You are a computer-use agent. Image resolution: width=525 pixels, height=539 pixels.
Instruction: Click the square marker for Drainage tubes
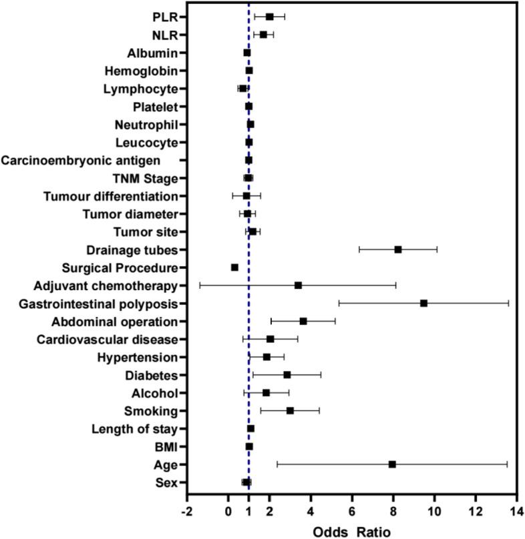click(x=397, y=249)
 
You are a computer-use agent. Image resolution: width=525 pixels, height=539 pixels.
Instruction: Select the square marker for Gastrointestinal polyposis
click(x=423, y=303)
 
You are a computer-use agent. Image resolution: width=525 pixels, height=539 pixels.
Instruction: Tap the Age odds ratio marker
click(x=392, y=464)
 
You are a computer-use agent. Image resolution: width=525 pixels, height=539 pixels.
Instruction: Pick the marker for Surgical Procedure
click(x=234, y=267)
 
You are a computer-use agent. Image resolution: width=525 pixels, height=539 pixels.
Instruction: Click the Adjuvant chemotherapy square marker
click(x=298, y=285)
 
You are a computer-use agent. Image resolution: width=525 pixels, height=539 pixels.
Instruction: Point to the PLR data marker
click(x=269, y=17)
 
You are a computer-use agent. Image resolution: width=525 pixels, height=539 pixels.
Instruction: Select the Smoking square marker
click(x=290, y=410)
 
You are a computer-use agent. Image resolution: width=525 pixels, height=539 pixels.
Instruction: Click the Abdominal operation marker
click(x=303, y=321)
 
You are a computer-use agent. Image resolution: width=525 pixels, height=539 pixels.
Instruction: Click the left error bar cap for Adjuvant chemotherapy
click(x=200, y=285)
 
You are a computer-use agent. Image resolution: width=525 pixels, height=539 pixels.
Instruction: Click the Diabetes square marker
click(x=287, y=375)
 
